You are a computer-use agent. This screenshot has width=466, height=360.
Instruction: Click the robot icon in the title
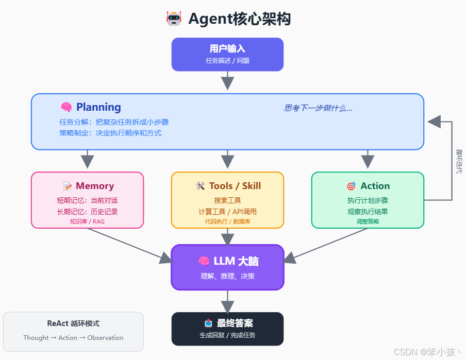[174, 19]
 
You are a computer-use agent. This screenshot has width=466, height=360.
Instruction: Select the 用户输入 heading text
[227, 49]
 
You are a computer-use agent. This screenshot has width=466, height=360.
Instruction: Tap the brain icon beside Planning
[66, 107]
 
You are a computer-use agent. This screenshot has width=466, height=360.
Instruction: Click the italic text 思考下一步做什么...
[318, 108]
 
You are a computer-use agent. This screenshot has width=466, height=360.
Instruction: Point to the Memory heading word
[95, 186]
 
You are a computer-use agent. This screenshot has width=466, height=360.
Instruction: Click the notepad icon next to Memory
[68, 186]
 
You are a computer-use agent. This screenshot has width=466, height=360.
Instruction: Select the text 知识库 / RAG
[87, 221]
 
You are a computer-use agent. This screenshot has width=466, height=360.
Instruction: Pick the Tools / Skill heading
[235, 186]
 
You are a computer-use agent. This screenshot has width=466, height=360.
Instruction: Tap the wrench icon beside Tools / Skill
[201, 186]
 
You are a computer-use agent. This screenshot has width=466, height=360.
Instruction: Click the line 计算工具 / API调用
[227, 212]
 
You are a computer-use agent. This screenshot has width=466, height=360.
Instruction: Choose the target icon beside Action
[351, 186]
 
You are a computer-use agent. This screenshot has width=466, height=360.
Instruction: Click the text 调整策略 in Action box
[368, 221]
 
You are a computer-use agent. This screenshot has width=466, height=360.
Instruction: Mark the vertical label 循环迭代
[459, 161]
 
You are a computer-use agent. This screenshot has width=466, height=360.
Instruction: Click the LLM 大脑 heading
[236, 261]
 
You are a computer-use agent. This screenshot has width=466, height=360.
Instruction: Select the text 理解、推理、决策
[227, 276]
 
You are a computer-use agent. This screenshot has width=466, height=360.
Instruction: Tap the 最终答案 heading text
[235, 323]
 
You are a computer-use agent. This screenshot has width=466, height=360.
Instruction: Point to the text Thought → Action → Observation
[73, 338]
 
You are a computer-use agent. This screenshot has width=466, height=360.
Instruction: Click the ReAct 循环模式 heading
[73, 323]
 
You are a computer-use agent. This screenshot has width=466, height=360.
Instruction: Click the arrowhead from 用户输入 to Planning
[227, 83]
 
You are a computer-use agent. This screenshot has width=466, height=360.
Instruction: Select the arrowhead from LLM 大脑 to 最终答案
[227, 306]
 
